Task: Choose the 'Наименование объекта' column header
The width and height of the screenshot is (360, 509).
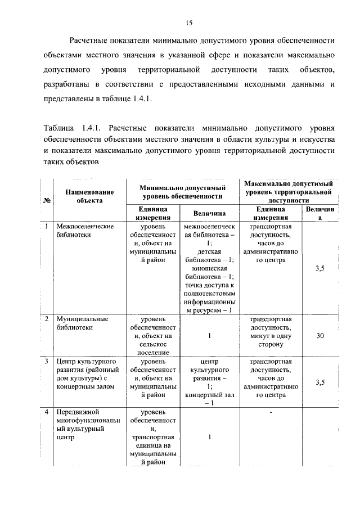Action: pyautogui.click(x=89, y=195)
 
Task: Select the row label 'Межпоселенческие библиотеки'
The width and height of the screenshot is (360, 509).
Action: pyautogui.click(x=85, y=231)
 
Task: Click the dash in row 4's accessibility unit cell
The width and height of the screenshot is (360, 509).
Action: pyautogui.click(x=271, y=413)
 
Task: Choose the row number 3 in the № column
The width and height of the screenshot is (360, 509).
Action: pyautogui.click(x=46, y=361)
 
